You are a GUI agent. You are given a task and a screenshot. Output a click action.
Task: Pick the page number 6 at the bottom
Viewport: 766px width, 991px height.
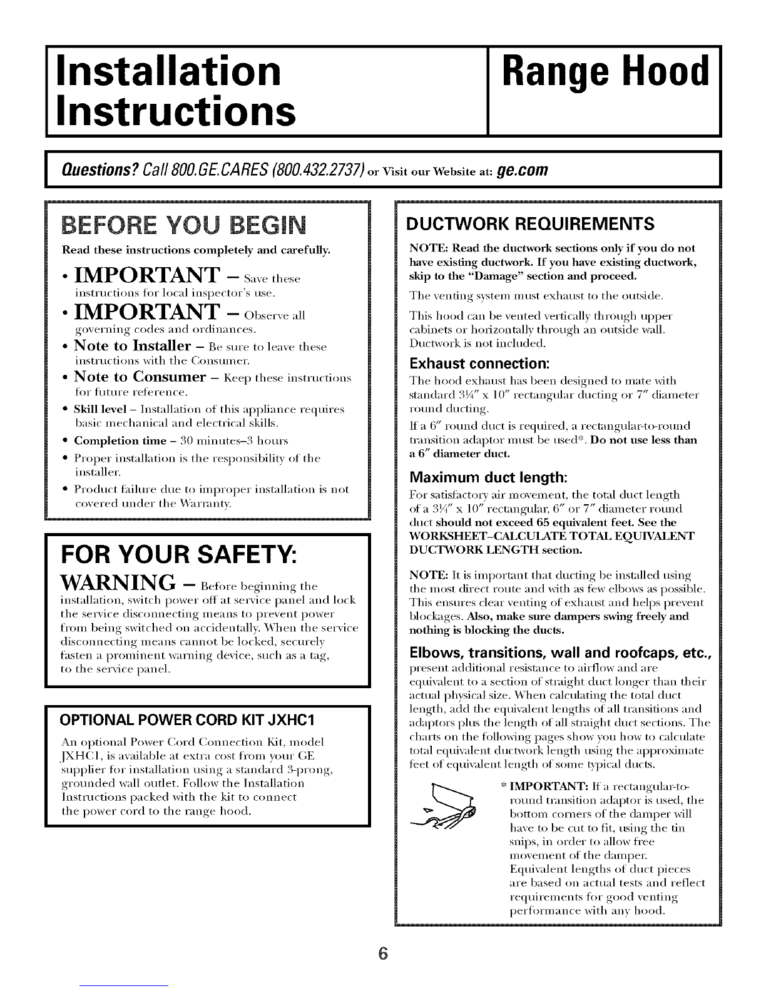click(384, 953)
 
